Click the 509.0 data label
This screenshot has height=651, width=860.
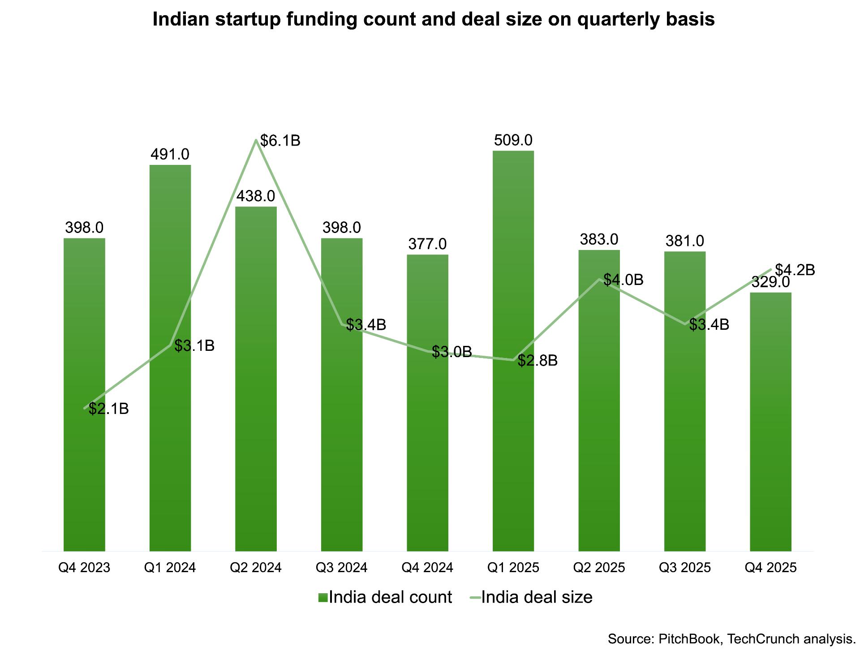513,140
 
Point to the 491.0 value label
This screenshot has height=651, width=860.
170,155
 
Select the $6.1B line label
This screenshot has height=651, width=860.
280,141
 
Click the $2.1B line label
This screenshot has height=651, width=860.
109,409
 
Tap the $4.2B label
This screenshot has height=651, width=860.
795,270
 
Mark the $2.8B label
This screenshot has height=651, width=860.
537,360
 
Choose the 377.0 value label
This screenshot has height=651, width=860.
427,244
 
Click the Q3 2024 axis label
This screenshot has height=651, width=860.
341,568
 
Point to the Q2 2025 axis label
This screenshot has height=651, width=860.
599,568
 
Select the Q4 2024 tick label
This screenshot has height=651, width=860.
427,568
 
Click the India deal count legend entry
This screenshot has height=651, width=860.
385,597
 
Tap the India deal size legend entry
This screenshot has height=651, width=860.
531,597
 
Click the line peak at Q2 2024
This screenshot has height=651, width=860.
256,140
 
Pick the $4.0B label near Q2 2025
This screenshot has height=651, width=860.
623,280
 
